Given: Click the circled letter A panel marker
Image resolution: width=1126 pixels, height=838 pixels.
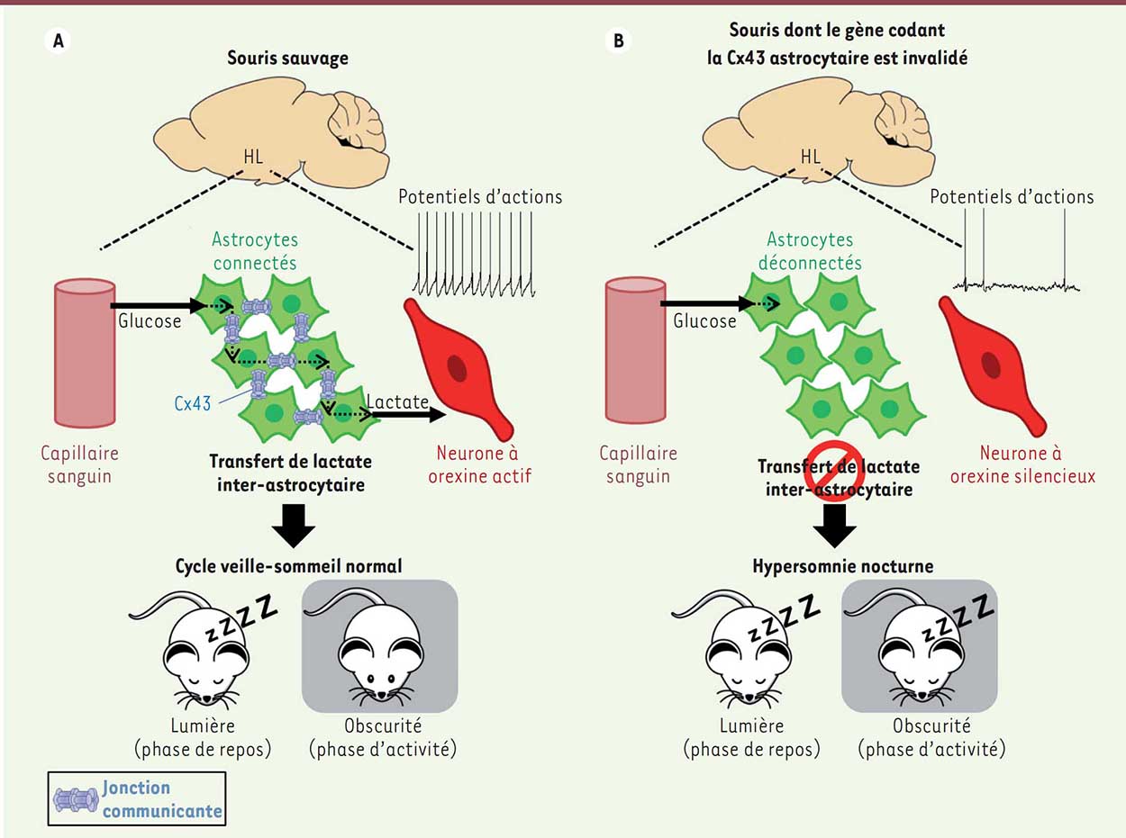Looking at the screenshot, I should point(57,42).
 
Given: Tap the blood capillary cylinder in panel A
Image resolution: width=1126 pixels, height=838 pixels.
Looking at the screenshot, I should point(85,351).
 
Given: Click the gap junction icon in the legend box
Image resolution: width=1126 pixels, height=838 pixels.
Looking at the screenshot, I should point(76,798).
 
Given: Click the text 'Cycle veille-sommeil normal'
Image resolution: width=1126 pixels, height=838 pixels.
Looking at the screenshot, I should point(288,566).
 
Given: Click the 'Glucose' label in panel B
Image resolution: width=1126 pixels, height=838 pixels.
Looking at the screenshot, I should point(705,320).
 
